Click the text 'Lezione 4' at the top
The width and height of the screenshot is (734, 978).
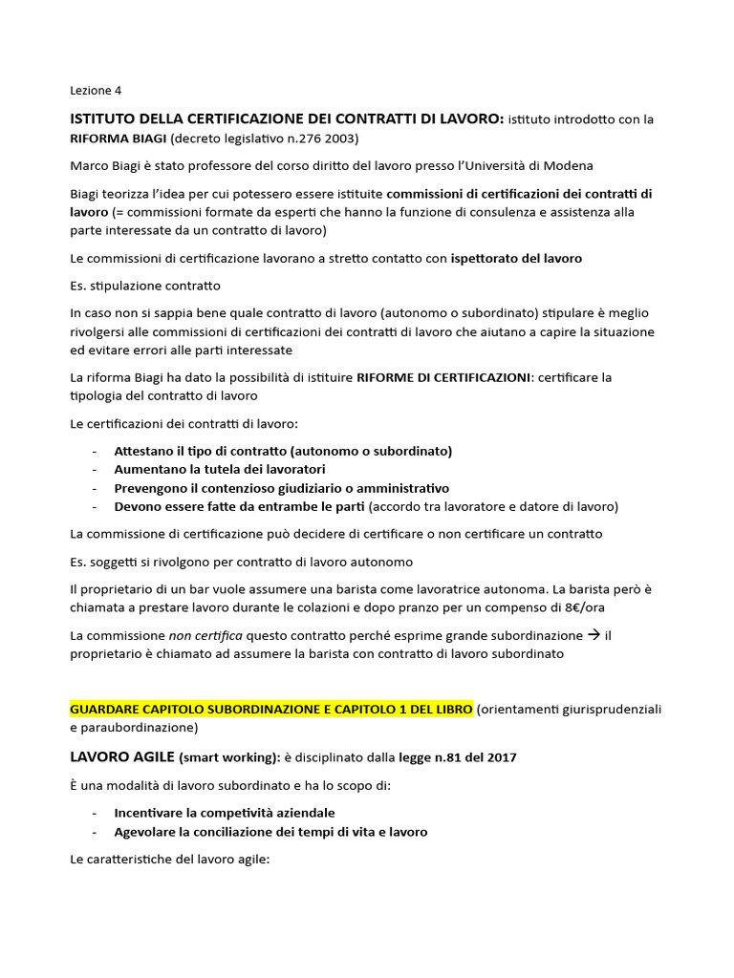(x=97, y=91)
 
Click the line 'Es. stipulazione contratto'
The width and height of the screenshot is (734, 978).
(x=145, y=286)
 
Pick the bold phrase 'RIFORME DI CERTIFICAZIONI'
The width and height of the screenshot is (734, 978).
(x=443, y=378)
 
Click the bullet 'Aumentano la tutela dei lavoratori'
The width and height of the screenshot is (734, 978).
(x=220, y=470)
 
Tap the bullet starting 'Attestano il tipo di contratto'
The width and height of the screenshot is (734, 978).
(x=283, y=451)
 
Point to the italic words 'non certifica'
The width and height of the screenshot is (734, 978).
(x=206, y=636)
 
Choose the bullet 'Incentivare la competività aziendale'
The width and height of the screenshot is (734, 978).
(x=224, y=813)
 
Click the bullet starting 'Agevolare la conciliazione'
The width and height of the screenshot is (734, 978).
(x=270, y=832)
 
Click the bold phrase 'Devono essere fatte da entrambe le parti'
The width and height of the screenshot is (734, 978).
(x=240, y=506)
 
